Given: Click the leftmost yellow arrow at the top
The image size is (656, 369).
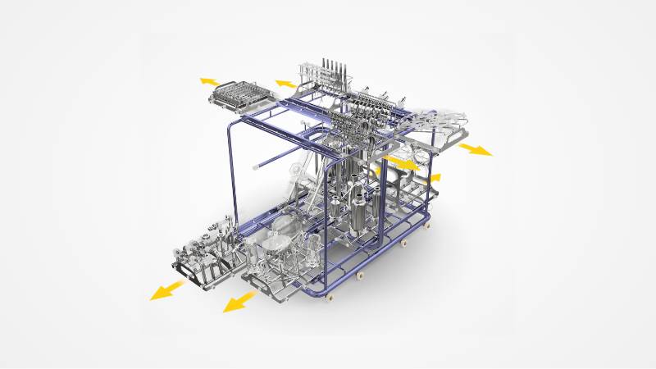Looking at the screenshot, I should [x=208, y=81].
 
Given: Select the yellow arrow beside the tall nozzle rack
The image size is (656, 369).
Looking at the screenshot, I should [x=285, y=83].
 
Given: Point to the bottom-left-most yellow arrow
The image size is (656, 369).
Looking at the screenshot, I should [x=166, y=289].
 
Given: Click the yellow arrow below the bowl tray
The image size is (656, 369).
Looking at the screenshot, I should [x=238, y=303].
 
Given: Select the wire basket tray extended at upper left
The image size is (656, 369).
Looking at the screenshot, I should [x=240, y=101].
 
